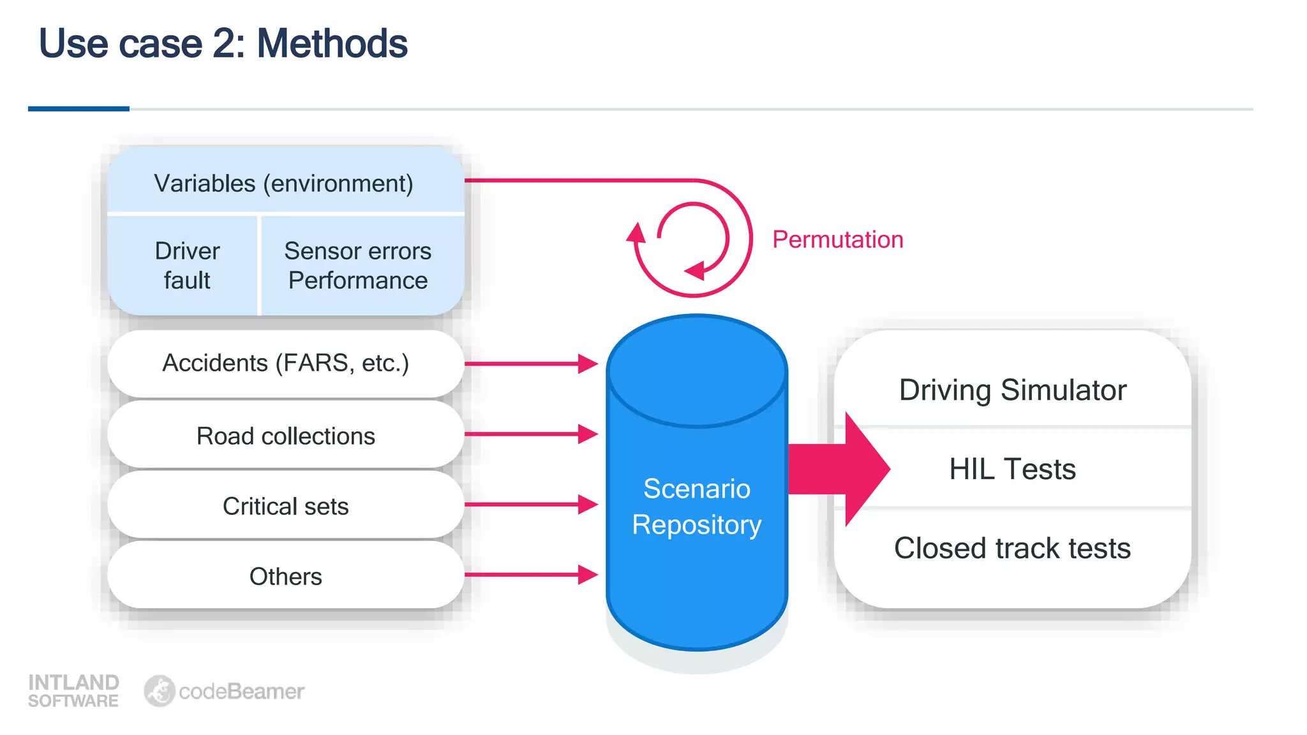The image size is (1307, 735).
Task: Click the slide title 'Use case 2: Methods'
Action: pos(223,43)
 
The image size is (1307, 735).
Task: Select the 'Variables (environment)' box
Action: pos(285,183)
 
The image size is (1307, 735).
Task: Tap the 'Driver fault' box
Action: pos(187,265)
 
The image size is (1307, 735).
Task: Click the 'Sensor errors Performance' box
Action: pos(358,265)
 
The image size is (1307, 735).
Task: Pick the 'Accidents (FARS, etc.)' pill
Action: pos(285,363)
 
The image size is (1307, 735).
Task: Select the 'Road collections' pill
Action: pos(285,436)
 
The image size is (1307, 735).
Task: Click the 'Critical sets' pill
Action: pos(285,506)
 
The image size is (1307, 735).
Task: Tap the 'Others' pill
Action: pos(285,576)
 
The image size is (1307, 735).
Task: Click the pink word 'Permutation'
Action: pos(837,239)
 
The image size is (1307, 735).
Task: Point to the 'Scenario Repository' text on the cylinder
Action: pos(697,507)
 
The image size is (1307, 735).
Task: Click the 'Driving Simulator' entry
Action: pos(1013,390)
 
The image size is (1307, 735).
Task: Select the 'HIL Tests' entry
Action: pos(1013,469)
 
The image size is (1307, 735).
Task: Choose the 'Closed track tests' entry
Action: pos(1013,548)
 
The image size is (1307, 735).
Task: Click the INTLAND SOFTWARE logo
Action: pos(73,690)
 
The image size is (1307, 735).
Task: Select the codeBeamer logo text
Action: pos(241,691)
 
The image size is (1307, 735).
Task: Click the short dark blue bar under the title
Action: pos(78,109)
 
